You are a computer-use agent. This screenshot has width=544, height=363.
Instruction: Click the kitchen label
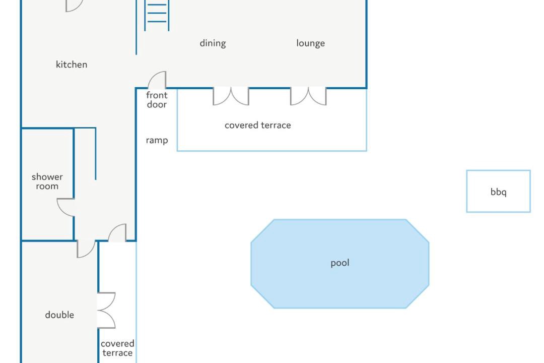point(72,65)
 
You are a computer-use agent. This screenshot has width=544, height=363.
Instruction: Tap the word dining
point(213,43)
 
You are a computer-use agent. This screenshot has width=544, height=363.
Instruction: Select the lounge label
point(310,43)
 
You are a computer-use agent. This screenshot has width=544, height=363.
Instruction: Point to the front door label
point(157,100)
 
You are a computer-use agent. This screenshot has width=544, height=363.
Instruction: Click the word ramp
point(157,140)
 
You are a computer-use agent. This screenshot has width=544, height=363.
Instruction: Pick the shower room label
point(47,181)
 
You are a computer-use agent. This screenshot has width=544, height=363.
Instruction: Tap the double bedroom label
point(59,315)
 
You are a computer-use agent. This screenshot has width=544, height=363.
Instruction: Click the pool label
point(340,263)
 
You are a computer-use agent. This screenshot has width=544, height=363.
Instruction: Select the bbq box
point(498,191)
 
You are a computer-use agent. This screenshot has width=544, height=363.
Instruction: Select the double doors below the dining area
point(231,97)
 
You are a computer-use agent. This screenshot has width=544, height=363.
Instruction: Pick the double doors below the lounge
point(308,97)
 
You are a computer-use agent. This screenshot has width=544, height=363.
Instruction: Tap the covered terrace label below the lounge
point(258,125)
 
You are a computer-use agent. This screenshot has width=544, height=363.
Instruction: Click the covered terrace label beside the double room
point(117,348)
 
